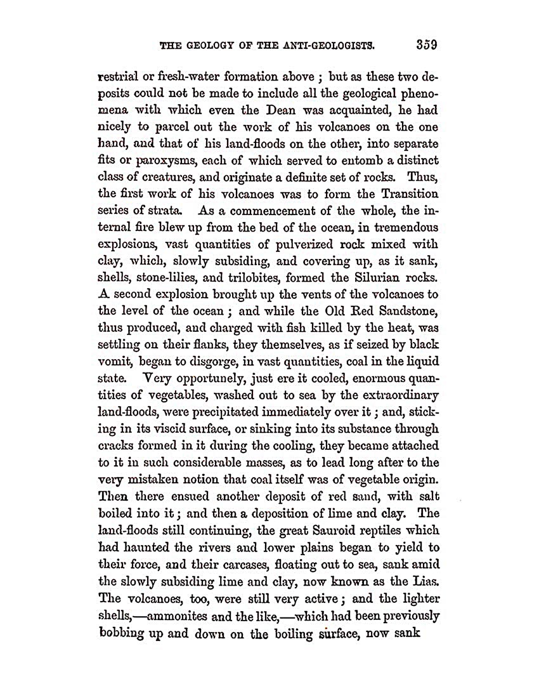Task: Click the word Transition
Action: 405,194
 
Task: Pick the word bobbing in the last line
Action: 123,633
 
